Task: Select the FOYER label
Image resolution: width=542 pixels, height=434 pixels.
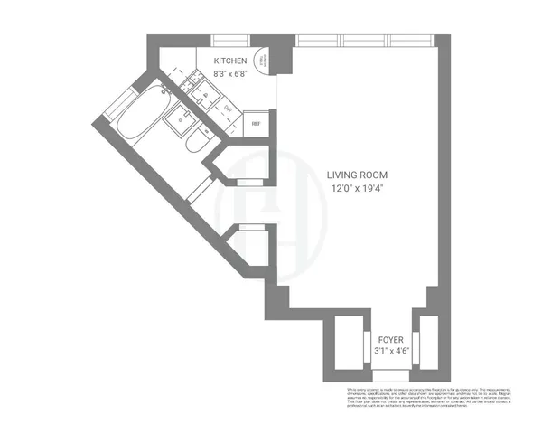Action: coord(390,341)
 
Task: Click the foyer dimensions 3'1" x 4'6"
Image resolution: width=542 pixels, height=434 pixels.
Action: coord(390,352)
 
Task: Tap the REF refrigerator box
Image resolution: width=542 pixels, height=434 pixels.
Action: coord(257,124)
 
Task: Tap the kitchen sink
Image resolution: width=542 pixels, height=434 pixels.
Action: coord(205,94)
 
